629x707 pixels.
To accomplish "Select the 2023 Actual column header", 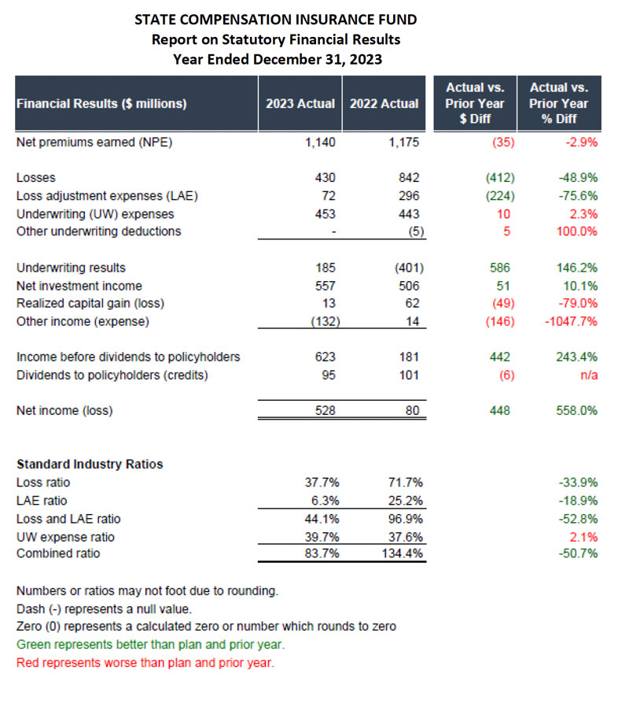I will [x=300, y=103].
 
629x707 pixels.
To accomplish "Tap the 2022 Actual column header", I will [x=384, y=103].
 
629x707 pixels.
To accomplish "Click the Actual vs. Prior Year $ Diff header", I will [x=475, y=103].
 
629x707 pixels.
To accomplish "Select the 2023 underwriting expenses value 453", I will [x=325, y=214].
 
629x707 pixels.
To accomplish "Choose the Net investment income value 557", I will [x=325, y=286].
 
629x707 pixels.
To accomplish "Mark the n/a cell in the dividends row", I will [x=588, y=376].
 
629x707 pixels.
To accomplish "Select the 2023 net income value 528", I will [x=325, y=410].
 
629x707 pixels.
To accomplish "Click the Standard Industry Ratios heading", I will [x=90, y=465].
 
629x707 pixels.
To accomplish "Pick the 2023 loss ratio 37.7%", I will [x=321, y=483].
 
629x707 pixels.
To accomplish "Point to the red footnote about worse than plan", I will [x=145, y=663].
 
